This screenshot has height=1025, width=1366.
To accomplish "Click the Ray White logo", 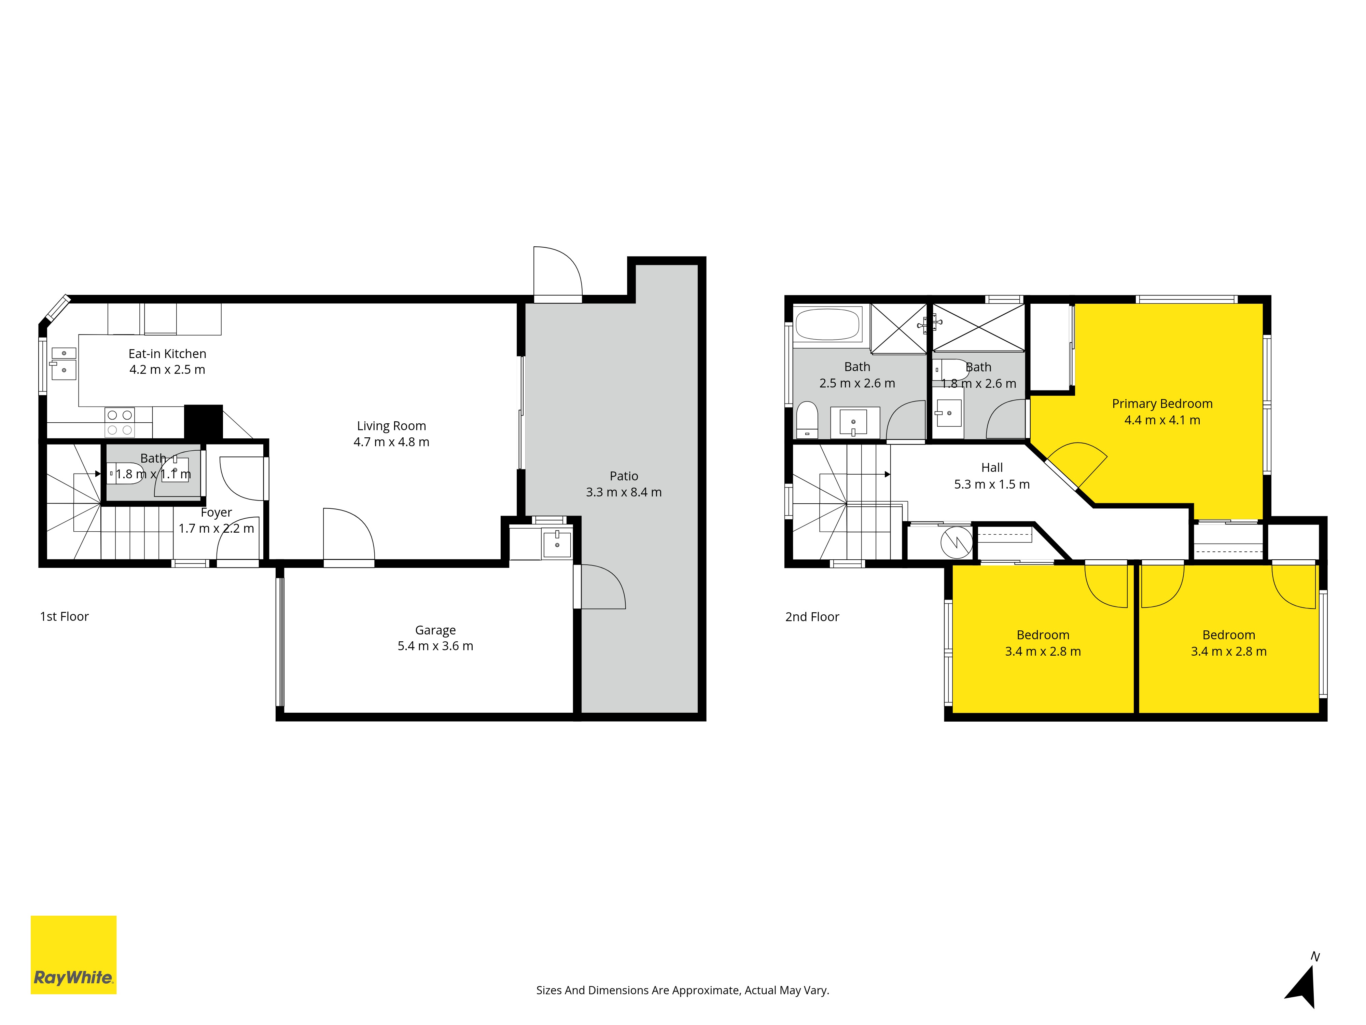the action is coord(73,955).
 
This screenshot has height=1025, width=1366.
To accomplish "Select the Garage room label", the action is coord(435,630).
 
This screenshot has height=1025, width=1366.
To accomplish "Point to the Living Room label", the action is coord(391,426).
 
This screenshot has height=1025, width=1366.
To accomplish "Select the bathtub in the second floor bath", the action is coord(827,324).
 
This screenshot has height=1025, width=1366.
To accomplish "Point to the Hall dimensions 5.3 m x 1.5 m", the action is coord(992,484).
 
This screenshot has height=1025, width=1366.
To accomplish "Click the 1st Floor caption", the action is coord(64,617).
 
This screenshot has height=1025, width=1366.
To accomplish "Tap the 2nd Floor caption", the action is coord(812,617).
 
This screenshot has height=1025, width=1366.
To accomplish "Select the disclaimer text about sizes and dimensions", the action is coord(682,990).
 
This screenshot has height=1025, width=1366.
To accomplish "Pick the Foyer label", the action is coord(216,513).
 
